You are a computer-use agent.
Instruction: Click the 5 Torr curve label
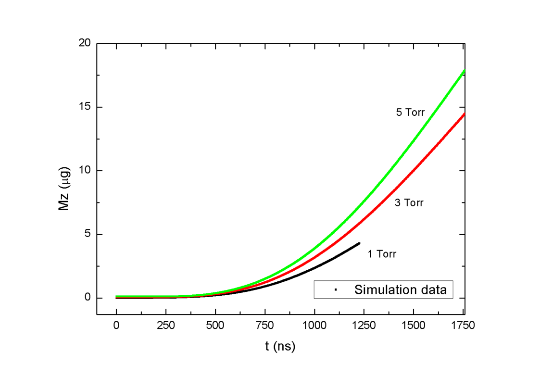tap(410, 112)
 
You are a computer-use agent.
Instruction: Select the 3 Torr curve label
tap(409, 203)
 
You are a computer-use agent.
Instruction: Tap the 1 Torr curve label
tap(382, 254)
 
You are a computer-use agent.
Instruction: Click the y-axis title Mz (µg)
tap(64, 188)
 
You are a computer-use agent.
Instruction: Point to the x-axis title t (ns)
tap(280, 346)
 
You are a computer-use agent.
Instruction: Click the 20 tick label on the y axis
tap(84, 43)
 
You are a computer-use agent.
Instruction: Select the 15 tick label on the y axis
tap(84, 107)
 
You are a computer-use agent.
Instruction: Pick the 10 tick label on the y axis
tap(84, 170)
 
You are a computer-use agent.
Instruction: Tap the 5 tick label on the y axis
tap(88, 234)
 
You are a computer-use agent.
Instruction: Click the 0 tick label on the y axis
tap(88, 298)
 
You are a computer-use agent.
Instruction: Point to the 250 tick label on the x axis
tap(165, 326)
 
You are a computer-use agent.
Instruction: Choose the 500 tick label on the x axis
tap(215, 326)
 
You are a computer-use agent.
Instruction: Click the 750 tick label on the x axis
tap(265, 326)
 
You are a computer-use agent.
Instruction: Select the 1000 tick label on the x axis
tap(314, 326)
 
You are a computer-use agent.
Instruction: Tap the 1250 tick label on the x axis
tap(364, 326)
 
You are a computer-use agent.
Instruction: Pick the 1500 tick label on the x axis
tap(413, 326)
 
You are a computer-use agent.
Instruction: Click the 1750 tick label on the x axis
tap(463, 326)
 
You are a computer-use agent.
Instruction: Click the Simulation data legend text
tap(401, 290)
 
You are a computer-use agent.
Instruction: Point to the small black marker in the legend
tap(336, 290)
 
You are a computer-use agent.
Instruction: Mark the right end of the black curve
tap(359, 243)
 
